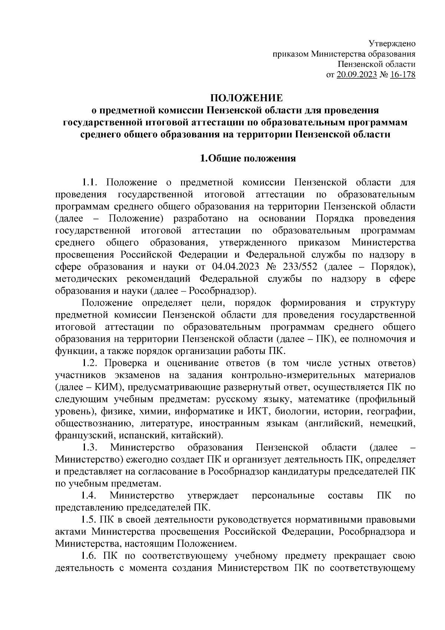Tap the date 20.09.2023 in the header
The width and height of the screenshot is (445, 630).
click(x=356, y=75)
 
